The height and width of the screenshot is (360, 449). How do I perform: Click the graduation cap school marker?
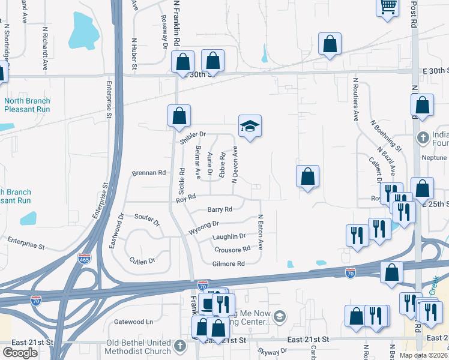250,126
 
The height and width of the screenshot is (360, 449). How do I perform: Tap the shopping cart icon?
388,7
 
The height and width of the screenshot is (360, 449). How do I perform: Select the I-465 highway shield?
84,259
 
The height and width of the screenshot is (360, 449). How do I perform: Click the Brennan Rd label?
148,173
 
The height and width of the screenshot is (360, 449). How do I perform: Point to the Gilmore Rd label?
229,264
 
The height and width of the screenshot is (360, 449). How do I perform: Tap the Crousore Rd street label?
232,250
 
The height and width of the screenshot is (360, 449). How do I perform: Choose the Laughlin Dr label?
229,236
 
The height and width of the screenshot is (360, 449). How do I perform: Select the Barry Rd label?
220,209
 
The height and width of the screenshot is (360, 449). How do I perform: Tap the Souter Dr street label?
148,219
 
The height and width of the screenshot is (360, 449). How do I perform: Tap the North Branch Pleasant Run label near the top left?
27,105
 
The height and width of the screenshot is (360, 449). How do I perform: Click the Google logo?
20,352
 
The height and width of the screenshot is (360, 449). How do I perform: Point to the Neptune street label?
435,157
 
